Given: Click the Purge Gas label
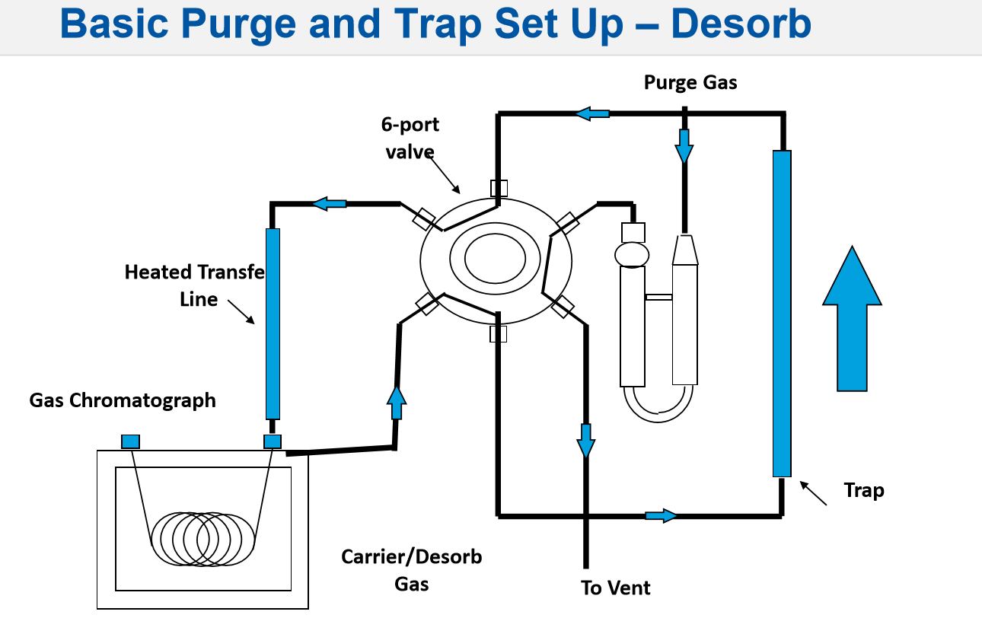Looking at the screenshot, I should (x=690, y=82).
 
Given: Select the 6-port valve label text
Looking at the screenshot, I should (x=411, y=138).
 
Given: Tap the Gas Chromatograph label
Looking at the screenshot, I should (x=123, y=400).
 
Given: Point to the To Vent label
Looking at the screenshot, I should (x=616, y=588).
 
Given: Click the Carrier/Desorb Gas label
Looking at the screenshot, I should (x=411, y=570).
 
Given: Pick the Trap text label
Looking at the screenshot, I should (x=864, y=490).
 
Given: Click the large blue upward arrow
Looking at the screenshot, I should (x=852, y=320).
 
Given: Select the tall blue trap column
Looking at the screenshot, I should (x=782, y=313).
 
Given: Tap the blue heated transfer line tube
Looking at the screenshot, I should (x=273, y=323).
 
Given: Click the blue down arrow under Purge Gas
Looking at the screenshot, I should (x=684, y=145).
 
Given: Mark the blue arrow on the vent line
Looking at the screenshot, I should (x=585, y=441).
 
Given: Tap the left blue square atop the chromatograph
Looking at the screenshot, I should (x=130, y=441).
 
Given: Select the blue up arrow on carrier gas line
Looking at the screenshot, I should (x=396, y=403).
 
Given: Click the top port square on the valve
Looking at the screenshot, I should (x=499, y=187).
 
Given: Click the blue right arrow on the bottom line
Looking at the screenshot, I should (x=661, y=515).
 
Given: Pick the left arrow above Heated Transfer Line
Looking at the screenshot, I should (x=330, y=203).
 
